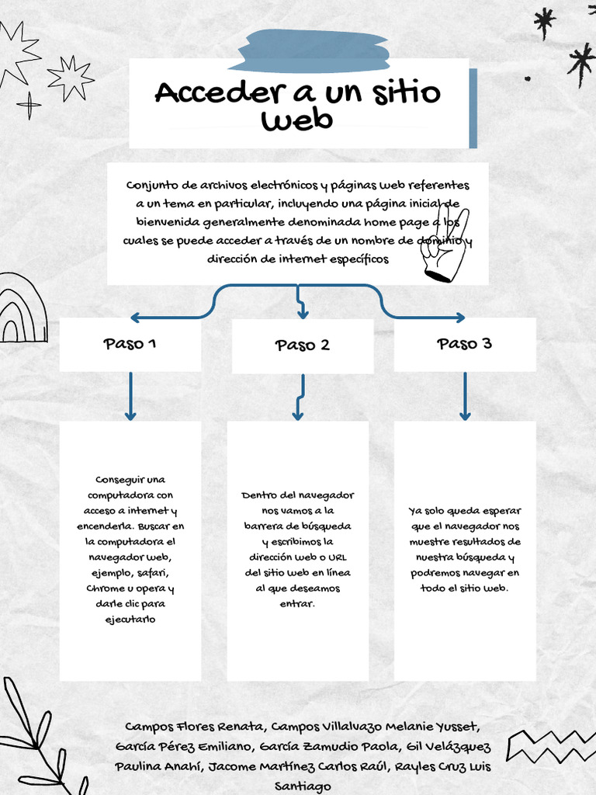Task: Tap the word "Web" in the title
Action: [x=297, y=120]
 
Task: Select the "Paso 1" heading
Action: [x=130, y=344]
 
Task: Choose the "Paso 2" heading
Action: [x=302, y=345]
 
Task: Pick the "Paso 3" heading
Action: [x=464, y=344]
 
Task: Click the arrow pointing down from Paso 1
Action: [x=130, y=396]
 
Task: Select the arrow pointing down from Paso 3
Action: [x=465, y=396]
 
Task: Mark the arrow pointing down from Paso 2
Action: [x=302, y=397]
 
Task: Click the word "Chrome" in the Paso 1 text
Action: [x=106, y=588]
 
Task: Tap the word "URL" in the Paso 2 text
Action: [x=337, y=557]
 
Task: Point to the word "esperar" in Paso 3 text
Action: [x=501, y=511]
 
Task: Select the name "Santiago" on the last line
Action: [x=303, y=786]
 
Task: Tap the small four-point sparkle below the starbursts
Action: [x=29, y=105]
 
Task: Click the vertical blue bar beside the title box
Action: [x=473, y=109]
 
